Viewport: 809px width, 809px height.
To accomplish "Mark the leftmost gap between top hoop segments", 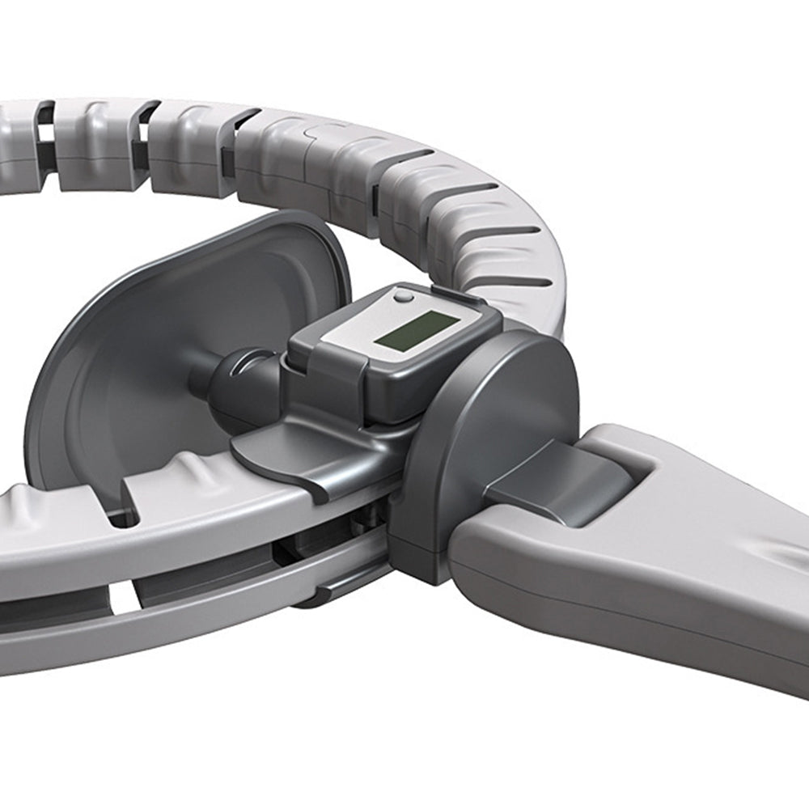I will [45, 133].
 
